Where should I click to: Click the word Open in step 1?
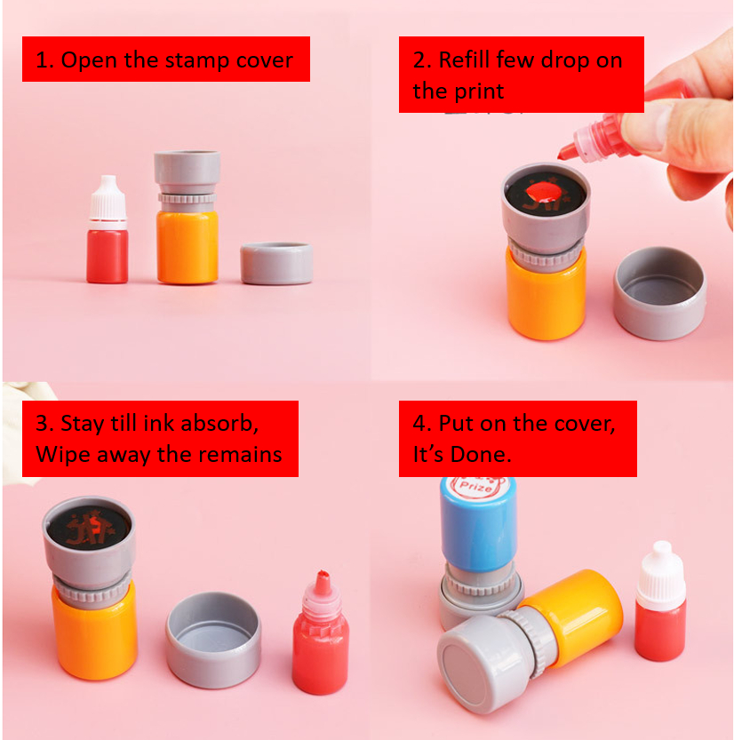click(86, 60)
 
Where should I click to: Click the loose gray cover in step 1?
click(276, 264)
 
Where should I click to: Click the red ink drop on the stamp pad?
click(540, 191)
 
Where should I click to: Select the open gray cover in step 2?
click(659, 292)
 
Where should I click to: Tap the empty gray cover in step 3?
click(213, 640)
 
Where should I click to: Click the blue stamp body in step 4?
click(478, 529)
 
